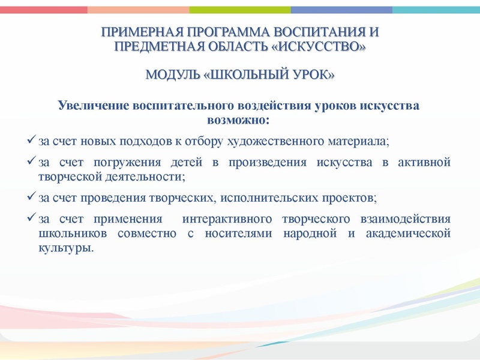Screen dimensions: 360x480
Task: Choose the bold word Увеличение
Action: (90, 106)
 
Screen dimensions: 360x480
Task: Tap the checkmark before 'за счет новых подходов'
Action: (32, 140)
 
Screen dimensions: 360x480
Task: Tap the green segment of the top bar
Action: (240, 10)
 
